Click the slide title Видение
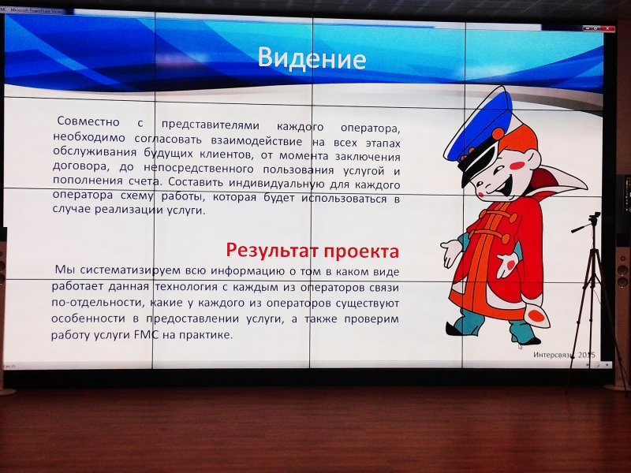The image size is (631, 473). pos(312,58)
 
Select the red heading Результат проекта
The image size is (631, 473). pos(312,250)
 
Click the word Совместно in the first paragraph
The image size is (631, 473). pos(88,121)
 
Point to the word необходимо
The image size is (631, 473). pos(89,137)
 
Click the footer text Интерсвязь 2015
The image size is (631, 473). pos(564,355)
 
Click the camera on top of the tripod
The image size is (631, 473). pos(595,220)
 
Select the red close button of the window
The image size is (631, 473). pos(609,28)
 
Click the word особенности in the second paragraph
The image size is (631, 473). pos(88,318)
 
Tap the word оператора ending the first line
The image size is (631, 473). pos(370,128)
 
